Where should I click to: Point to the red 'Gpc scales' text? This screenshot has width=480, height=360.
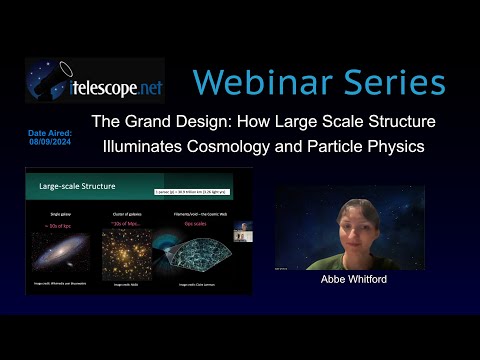202,222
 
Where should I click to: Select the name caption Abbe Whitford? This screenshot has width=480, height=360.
351,281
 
